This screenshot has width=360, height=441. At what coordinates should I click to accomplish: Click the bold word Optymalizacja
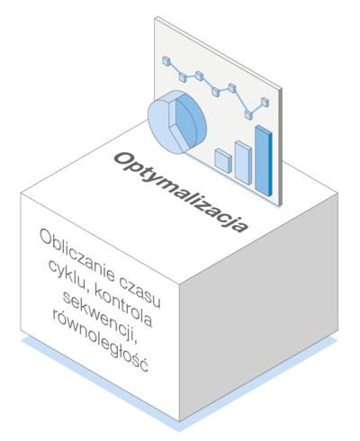181,192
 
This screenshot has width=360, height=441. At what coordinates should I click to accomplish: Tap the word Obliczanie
77,255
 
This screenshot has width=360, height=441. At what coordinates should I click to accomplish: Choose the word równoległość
101,339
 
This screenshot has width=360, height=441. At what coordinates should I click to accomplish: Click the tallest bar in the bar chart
264,161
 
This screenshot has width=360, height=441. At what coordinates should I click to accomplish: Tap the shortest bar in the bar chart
223,160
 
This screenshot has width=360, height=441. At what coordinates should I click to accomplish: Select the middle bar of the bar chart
243,162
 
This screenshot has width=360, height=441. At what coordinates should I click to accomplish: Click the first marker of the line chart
166,60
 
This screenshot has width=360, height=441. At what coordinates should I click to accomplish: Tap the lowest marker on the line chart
248,114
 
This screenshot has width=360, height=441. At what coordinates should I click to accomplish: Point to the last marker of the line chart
265,102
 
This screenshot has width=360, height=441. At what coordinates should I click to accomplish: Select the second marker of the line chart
183,76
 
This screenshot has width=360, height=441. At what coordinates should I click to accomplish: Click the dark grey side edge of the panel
281,147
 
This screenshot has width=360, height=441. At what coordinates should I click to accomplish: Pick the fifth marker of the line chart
232,88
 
